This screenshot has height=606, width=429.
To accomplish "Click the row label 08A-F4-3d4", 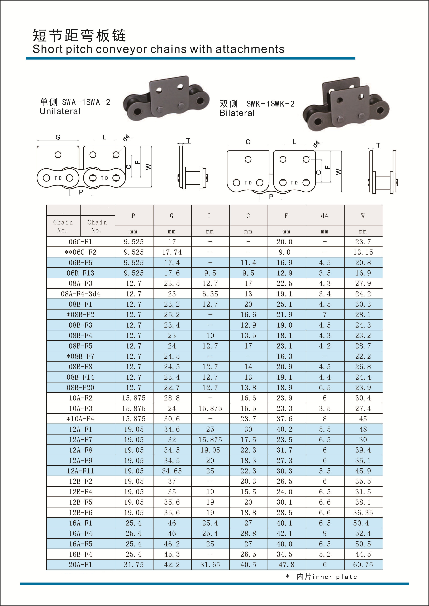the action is tap(81, 294).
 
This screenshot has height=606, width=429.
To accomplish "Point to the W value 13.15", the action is tap(363, 252).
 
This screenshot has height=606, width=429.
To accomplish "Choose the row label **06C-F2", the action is tap(81, 252).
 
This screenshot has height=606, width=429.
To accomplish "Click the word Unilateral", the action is tap(60, 111).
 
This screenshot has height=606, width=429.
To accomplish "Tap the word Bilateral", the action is tap(237, 113).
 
